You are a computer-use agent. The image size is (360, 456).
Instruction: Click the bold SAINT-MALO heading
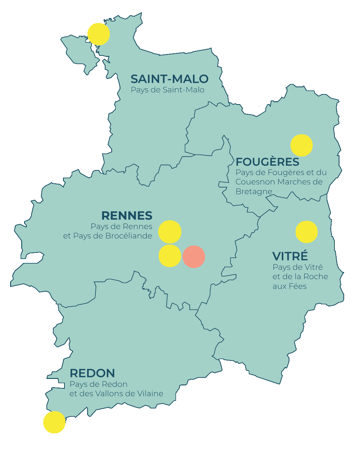click(169, 79)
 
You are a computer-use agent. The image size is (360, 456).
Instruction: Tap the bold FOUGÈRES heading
click(267, 162)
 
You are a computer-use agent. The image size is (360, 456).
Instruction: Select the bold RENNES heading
click(127, 216)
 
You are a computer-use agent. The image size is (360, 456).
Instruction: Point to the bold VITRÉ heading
click(290, 256)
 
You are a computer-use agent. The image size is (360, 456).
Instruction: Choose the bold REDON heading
click(92, 373)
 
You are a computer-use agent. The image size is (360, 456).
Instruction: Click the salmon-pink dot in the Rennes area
click(194, 257)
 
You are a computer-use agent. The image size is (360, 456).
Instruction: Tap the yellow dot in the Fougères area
click(302, 146)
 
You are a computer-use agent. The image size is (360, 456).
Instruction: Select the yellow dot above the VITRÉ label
click(307, 232)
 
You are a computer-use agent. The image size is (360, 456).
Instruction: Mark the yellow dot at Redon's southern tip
click(54, 422)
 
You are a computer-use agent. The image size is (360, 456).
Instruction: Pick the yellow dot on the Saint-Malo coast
click(99, 34)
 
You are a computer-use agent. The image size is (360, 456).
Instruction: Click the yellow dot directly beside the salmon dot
click(170, 256)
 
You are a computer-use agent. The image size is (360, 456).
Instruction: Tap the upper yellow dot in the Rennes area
click(170, 232)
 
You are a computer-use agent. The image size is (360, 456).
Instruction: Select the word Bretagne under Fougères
click(254, 191)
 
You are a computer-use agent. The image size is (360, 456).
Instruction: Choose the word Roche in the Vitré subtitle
click(315, 277)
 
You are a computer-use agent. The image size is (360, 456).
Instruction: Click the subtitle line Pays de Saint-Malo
click(167, 90)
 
